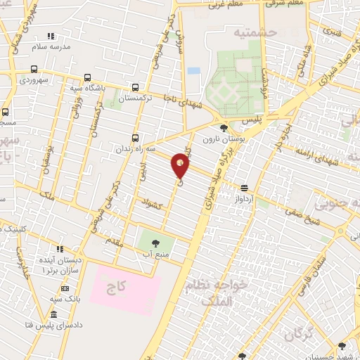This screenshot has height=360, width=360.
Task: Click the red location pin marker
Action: click(181, 165)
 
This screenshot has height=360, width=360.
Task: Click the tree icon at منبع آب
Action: click(155, 243)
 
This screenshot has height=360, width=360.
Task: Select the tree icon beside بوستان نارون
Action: click(224, 128)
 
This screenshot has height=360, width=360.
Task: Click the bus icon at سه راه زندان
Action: click(136, 139)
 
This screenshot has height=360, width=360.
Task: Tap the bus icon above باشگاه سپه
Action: click(87, 78)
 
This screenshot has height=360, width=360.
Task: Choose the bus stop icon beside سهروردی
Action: click(34, 70)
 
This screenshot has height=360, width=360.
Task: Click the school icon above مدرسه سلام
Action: click(50, 35)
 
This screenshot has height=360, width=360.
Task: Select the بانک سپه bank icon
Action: click(65, 288)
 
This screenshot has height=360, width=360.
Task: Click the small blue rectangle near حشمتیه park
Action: click(193, 70)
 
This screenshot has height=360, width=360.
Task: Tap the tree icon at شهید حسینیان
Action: click(342, 345)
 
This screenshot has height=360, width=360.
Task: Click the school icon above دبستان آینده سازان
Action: click(60, 249)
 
